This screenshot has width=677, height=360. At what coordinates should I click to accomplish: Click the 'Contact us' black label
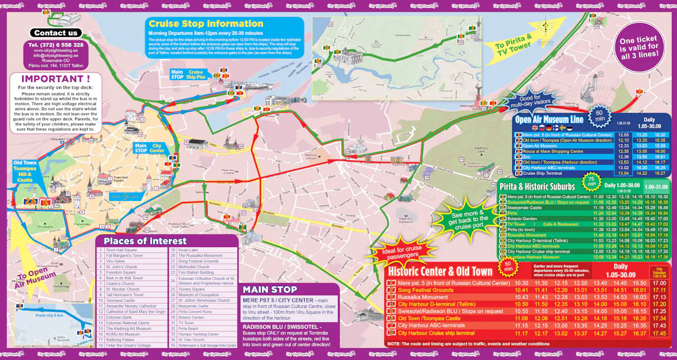tap(56, 33)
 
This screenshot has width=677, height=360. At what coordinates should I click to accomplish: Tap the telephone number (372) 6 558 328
tap(55, 45)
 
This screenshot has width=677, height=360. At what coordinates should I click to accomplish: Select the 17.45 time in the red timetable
tap(658, 333)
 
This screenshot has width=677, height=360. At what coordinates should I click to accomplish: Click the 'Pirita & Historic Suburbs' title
tap(537, 186)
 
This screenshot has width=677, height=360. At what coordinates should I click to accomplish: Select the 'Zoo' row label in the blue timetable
tap(526, 157)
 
